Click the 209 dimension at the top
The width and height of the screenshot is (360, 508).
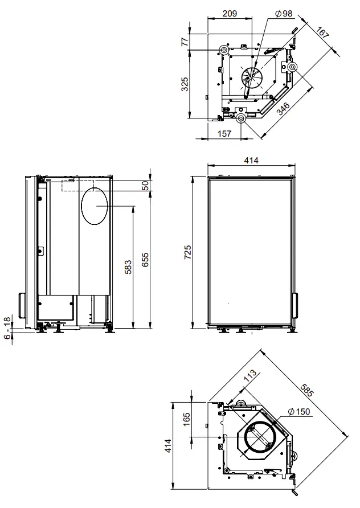230,13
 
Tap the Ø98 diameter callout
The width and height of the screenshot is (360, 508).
283,13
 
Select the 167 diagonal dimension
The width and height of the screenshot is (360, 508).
323,32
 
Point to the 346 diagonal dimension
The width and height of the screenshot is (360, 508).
284,108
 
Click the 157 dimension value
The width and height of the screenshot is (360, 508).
224,133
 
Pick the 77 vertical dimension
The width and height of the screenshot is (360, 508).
185,42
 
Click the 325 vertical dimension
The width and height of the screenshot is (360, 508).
185,84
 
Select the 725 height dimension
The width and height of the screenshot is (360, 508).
187,252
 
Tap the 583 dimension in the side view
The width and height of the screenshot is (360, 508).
128,267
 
